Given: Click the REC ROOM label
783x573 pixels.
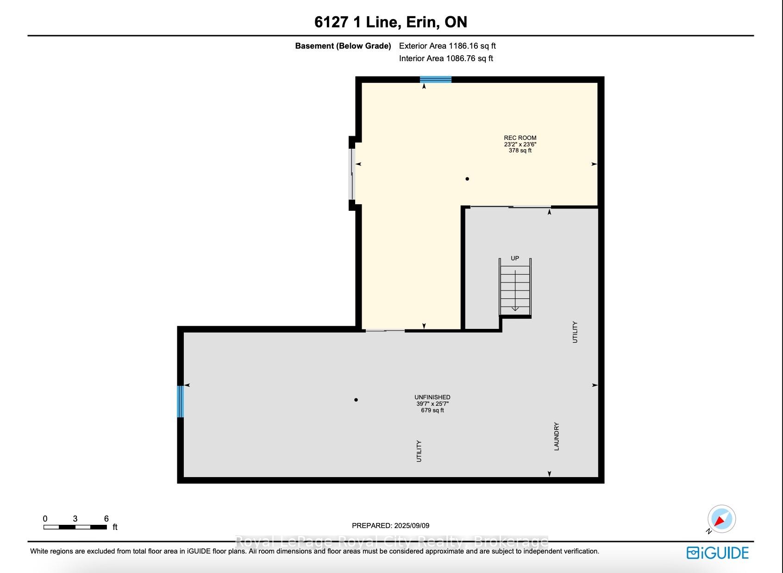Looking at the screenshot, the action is pos(520,138).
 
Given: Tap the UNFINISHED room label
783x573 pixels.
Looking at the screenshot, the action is pos(432,397).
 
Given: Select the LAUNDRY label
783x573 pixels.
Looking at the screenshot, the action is pos(557,436).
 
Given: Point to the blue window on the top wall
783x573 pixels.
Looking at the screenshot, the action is pos(436,79).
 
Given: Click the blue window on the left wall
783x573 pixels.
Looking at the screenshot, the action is pos(181,401).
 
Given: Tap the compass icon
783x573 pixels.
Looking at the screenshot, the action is pos(721,519).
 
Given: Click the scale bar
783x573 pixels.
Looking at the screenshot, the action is pos(75,527).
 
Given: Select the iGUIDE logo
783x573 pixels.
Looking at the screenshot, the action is pos(718,553).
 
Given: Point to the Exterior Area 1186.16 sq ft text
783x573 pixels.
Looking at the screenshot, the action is pos(447,46).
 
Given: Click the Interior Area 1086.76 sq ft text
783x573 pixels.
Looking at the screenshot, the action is pos(446,58).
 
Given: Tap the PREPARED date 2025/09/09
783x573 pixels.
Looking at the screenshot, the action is pos(390,525).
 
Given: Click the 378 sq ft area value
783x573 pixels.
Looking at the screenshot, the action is pos(520,151).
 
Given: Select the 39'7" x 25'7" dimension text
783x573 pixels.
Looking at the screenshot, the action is pos(432,403).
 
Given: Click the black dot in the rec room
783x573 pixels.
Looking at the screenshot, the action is pos(467,179).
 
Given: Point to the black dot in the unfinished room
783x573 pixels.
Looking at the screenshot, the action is pos(356,400).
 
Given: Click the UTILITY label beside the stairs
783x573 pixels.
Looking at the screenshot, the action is pos(575,332).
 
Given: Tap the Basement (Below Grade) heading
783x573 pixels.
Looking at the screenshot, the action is pos(343,46).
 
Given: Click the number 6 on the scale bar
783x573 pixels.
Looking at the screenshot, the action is pos(106,518).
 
